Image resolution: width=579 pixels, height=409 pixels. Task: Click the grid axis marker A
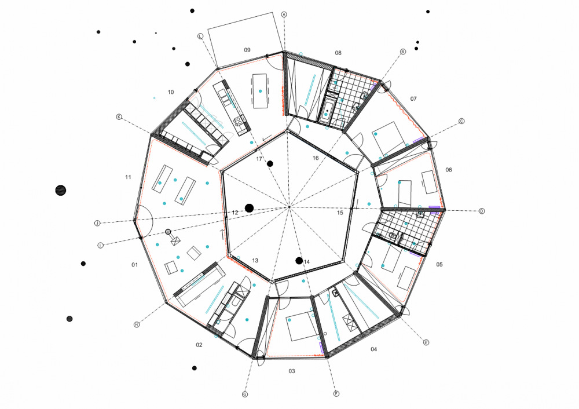point(284,14)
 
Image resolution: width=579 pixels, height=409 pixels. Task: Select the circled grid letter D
point(482,211)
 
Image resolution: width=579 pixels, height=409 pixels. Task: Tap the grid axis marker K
point(119,117)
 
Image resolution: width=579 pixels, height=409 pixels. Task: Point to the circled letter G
point(245,394)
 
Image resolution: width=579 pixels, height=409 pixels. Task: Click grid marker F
point(336,394)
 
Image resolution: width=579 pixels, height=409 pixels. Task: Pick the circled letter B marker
point(403,52)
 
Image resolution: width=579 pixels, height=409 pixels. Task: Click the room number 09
point(247,50)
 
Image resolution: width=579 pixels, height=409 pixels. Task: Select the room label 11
point(128,177)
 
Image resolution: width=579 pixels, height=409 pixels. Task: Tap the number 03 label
point(292,371)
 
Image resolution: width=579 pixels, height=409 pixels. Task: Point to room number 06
point(449,170)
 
